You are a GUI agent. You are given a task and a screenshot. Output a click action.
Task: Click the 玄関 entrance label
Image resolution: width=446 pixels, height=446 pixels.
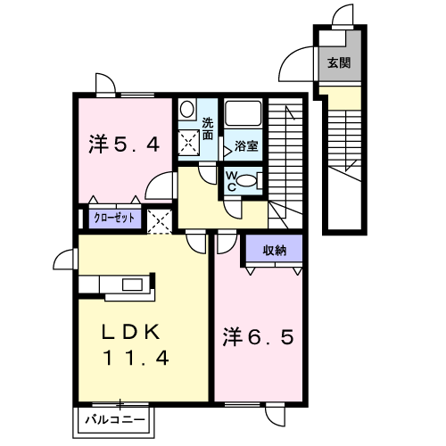pyautogui.click(x=339, y=62)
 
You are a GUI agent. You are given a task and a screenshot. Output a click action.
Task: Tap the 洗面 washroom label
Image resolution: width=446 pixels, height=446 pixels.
pyautogui.click(x=208, y=129)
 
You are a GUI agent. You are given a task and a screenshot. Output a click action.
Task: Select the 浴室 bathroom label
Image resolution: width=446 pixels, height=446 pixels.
pyautogui.click(x=246, y=145)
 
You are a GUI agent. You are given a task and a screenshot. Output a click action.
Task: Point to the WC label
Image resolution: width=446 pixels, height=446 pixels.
pyautogui.click(x=231, y=182)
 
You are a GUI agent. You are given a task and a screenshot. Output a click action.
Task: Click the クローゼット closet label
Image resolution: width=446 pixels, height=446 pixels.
pyautogui.click(x=114, y=218)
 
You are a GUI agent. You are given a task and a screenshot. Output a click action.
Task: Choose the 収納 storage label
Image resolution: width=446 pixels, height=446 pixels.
pyautogui.click(x=275, y=251)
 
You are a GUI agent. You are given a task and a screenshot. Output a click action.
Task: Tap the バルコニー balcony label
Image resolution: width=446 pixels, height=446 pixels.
pyautogui.click(x=115, y=420)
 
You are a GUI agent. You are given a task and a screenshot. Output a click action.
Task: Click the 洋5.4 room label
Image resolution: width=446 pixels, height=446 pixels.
pyautogui.click(x=124, y=145)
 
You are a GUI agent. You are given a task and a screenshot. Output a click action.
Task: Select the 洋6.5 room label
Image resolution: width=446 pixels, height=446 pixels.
pyautogui.click(x=259, y=337)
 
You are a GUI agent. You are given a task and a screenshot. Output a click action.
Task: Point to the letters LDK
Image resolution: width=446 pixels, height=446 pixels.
pyautogui.click(x=131, y=332)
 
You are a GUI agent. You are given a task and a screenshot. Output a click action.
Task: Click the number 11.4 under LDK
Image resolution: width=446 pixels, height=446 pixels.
pyautogui.click(x=136, y=357)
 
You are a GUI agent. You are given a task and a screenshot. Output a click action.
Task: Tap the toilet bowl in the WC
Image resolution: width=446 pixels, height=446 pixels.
pyautogui.click(x=246, y=181)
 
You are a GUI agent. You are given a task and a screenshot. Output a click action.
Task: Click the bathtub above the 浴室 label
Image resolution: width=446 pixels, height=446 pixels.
pyautogui.click(x=244, y=113)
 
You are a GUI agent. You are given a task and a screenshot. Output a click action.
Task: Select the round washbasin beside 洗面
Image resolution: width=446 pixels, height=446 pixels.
pyautogui.click(x=187, y=109)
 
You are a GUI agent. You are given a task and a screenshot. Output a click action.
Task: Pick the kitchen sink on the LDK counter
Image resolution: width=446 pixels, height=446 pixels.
pyautogui.click(x=132, y=285)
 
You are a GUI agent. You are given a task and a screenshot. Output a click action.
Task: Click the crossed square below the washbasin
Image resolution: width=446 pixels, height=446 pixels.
pyautogui.click(x=188, y=143)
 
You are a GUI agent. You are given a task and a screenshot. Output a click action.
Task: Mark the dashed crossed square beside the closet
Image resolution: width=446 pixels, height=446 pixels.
pyautogui.click(x=160, y=221)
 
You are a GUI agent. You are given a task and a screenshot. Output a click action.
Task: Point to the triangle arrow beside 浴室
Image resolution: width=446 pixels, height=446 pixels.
pyautogui.click(x=227, y=152)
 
